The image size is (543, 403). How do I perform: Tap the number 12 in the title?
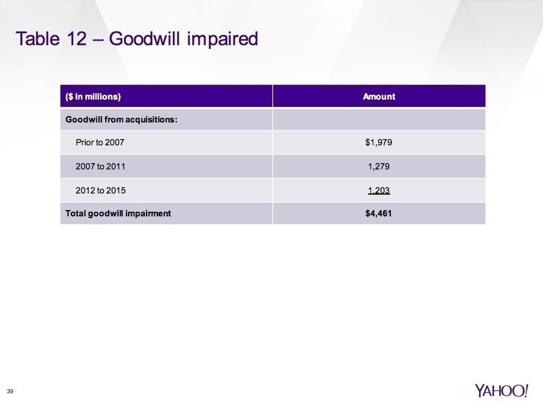click(76, 38)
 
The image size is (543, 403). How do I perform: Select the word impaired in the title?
click(223, 39)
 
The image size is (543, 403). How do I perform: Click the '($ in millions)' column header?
click(93, 96)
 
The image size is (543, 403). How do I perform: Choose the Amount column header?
click(379, 96)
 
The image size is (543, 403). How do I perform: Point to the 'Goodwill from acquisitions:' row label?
click(121, 120)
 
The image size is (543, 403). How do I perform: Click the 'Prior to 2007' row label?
click(100, 143)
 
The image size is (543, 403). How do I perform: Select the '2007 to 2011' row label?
click(101, 167)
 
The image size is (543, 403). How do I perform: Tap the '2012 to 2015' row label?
click(101, 190)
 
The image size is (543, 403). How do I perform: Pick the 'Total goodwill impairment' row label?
click(118, 214)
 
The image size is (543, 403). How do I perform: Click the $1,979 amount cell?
click(379, 143)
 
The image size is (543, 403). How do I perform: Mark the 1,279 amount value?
click(379, 167)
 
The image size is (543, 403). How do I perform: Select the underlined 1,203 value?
click(379, 191)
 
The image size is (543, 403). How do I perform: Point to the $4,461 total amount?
click(379, 214)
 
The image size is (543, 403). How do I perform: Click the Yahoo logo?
click(501, 390)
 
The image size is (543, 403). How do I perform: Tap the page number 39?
click(10, 391)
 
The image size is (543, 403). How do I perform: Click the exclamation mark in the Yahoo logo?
click(526, 390)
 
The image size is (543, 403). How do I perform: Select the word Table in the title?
click(37, 38)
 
